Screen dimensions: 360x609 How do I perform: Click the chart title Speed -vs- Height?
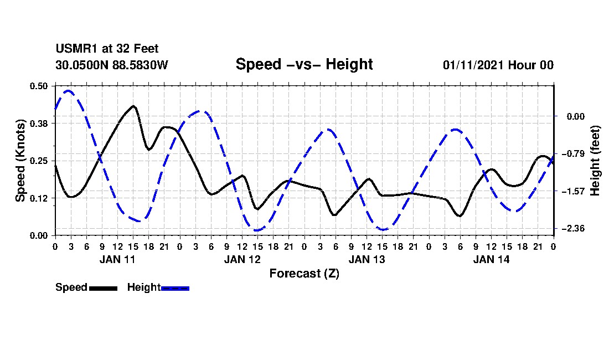point(304,64)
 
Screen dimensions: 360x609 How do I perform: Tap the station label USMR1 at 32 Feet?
point(107,49)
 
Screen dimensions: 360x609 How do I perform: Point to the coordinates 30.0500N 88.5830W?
point(111,65)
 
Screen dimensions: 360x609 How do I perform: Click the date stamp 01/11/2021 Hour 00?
point(498,65)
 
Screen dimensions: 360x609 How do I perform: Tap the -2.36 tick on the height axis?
point(572,229)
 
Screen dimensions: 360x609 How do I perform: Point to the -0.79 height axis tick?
point(572,153)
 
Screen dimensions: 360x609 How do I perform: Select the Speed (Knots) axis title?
point(20,161)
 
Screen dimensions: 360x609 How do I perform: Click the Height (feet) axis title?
point(596,161)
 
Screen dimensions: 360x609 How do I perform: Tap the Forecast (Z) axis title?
point(304,274)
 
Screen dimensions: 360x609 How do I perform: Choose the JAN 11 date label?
point(117,259)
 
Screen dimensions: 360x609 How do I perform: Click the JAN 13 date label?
point(367,259)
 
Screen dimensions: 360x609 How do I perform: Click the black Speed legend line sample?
point(103,288)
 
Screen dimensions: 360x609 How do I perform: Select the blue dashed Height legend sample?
point(176,288)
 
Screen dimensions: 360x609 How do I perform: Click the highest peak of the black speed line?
point(133,106)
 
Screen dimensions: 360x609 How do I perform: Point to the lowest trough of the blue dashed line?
point(257,230)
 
